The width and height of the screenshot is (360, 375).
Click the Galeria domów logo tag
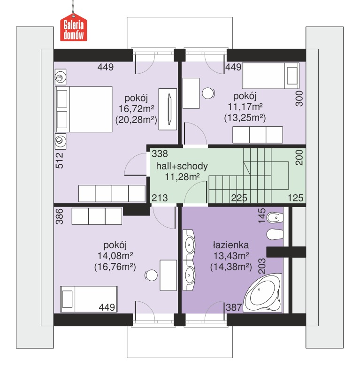click(x=73, y=28)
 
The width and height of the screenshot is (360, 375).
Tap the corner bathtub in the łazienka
click(x=263, y=293)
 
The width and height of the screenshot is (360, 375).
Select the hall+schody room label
click(x=182, y=166)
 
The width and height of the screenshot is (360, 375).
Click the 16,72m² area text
click(x=136, y=108)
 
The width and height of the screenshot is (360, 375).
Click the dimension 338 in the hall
click(x=160, y=153)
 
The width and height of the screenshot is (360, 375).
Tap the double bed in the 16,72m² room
click(x=84, y=109)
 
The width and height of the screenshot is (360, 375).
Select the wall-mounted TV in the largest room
click(x=169, y=109)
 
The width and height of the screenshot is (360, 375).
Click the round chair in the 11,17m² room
click(x=208, y=93)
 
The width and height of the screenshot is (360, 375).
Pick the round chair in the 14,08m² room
click(x=151, y=276)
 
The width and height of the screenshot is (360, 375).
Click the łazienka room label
click(x=231, y=245)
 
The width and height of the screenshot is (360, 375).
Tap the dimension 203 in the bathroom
click(x=262, y=266)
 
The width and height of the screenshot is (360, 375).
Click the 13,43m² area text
click(x=231, y=256)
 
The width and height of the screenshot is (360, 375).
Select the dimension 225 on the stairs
click(x=239, y=198)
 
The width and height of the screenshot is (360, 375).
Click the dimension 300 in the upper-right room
click(x=299, y=99)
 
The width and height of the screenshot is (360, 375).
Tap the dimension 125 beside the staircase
click(x=295, y=198)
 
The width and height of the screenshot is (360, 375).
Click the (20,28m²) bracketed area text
click(x=136, y=119)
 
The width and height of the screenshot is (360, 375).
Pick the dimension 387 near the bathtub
click(x=234, y=307)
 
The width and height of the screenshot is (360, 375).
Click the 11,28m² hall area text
click(x=182, y=177)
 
